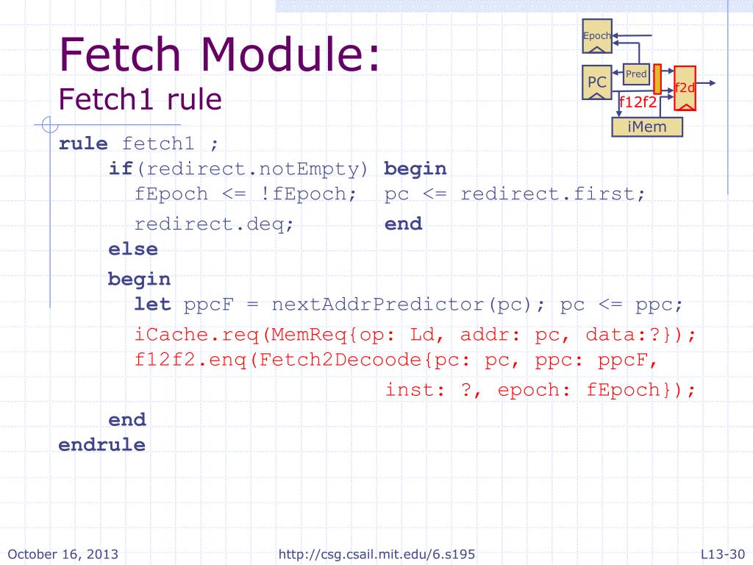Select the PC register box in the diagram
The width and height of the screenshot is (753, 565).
[597, 83]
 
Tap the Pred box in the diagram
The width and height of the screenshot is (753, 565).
[636, 74]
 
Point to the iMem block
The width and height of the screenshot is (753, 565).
[647, 127]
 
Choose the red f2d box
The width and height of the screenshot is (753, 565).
[685, 88]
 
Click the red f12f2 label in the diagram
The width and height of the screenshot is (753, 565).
[638, 102]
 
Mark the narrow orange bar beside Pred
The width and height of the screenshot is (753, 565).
[657, 79]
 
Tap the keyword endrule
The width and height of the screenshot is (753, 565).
[101, 445]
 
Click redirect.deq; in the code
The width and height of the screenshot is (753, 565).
[214, 224]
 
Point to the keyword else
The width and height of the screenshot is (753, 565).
[133, 249]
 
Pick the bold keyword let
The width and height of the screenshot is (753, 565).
[152, 304]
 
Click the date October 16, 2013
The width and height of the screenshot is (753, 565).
[63, 554]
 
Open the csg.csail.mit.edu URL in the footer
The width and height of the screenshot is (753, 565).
[382, 554]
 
